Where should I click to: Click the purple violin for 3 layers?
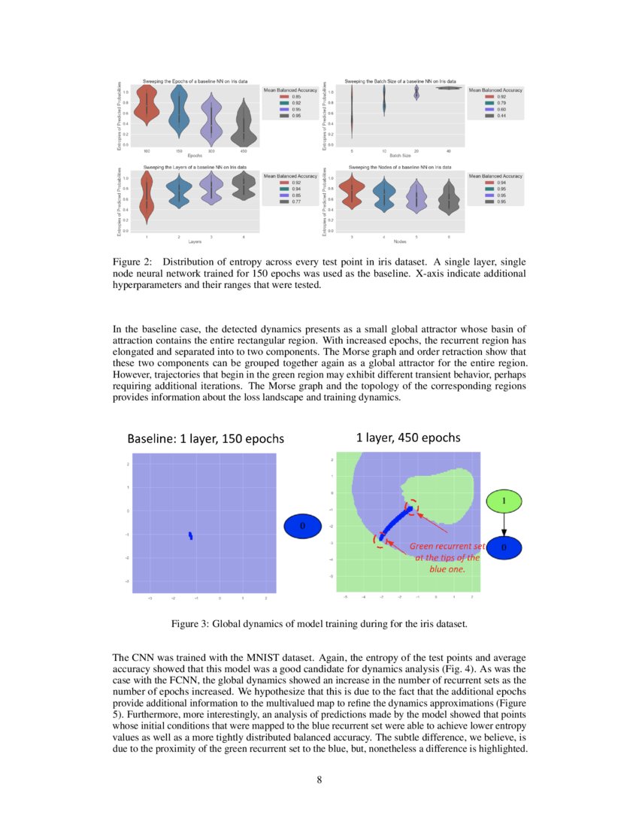211,189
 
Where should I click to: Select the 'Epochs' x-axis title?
195,155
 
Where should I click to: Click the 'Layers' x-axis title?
195,241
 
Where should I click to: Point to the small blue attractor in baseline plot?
191,535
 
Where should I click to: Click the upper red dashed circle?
410,508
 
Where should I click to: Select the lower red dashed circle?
382,538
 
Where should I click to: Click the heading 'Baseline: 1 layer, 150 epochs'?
205,439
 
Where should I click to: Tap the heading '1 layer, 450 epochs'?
407,438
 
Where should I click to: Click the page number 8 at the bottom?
319,780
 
